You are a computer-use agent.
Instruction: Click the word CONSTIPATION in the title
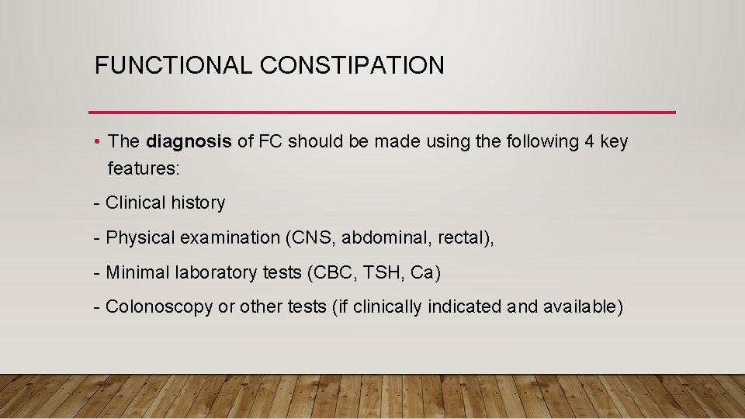point(352,65)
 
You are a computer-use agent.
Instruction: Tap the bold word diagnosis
point(189,142)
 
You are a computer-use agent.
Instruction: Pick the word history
point(198,203)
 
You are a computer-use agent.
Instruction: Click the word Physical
point(140,237)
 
